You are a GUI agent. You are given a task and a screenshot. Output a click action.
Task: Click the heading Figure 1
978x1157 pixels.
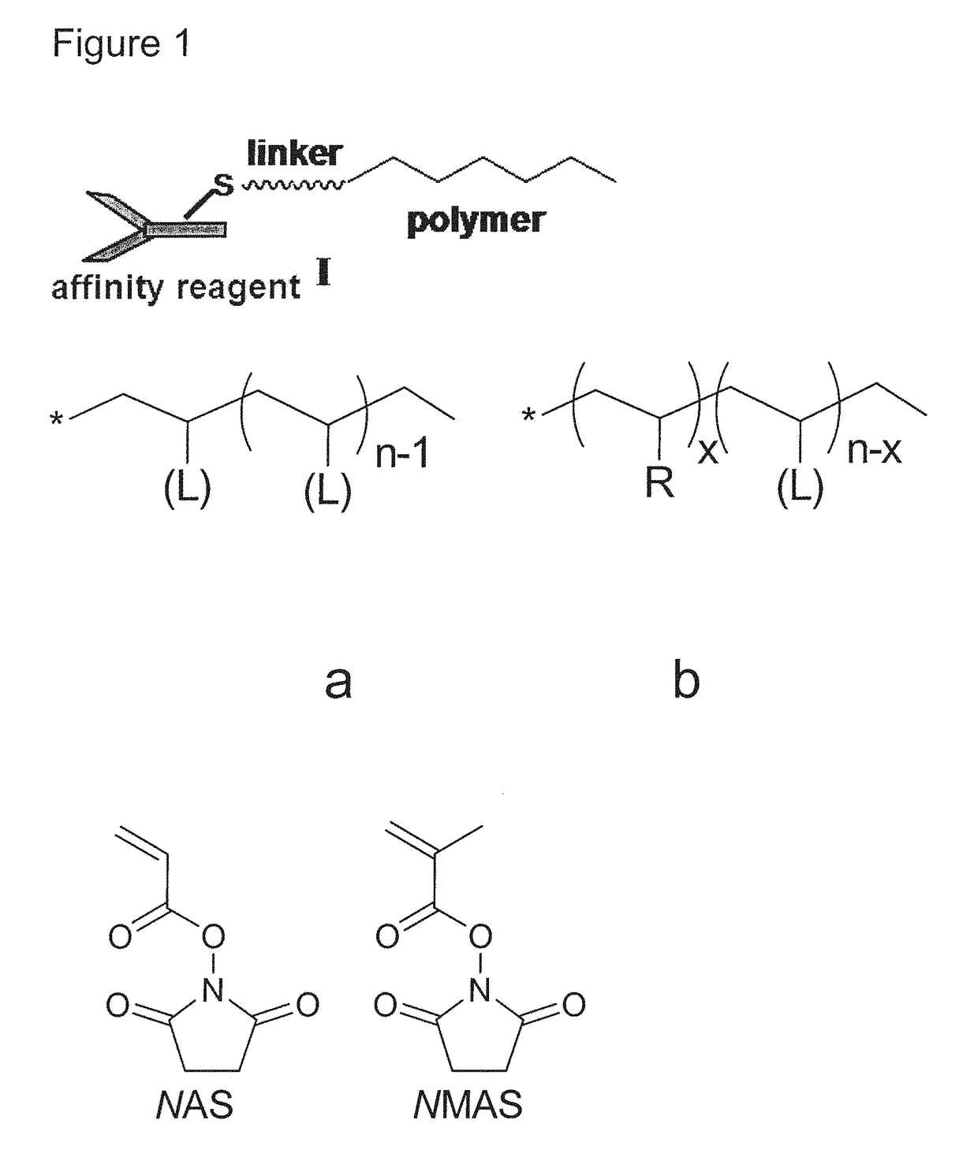point(121,43)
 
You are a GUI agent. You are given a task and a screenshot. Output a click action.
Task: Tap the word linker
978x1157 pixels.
point(294,153)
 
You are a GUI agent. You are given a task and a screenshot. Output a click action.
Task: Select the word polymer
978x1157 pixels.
point(476,221)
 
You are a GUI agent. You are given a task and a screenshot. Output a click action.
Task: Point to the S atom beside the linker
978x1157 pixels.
point(224,185)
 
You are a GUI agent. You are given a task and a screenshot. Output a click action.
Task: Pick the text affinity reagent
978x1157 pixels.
point(176,288)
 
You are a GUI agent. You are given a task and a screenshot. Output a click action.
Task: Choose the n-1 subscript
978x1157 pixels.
point(402,454)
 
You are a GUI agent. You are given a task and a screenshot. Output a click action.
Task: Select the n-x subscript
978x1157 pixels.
point(874,450)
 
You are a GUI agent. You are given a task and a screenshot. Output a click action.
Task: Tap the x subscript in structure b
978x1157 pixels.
point(707,451)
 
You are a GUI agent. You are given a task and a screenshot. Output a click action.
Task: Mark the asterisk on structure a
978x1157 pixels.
point(57,421)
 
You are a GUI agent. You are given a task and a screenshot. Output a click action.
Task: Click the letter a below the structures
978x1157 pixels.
point(338,680)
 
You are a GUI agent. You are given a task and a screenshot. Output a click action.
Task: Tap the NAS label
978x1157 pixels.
point(195,1106)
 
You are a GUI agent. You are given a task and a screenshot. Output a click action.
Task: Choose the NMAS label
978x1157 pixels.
point(468,1106)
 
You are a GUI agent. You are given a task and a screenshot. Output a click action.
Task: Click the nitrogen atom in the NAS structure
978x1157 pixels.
point(212,991)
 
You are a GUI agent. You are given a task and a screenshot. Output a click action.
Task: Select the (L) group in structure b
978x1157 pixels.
point(800,489)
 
